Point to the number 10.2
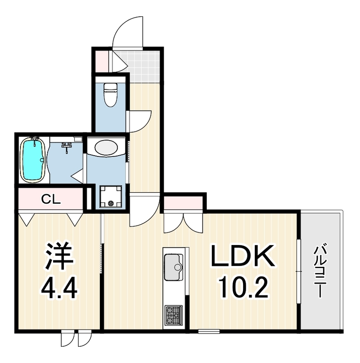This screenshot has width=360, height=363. [x=243, y=288]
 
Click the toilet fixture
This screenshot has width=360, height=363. [x=110, y=95]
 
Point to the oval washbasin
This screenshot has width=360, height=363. [x=106, y=147]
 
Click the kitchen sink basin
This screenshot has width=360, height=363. [x=174, y=267]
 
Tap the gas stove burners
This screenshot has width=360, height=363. [x=173, y=316]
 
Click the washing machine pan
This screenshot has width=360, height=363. [x=111, y=196]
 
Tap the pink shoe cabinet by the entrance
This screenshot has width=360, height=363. [x=102, y=61]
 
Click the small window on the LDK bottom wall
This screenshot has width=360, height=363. [x=209, y=331]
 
